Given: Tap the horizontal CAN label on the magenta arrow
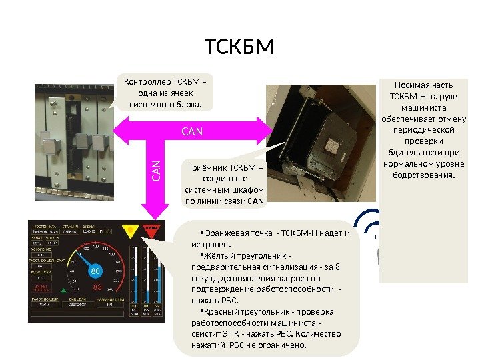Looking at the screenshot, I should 192,131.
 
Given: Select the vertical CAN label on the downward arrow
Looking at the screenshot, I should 155,170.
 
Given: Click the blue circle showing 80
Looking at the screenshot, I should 95,272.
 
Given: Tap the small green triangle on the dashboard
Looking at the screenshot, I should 64,289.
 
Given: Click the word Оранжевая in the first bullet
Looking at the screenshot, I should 228,233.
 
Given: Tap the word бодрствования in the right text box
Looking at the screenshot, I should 422,175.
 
